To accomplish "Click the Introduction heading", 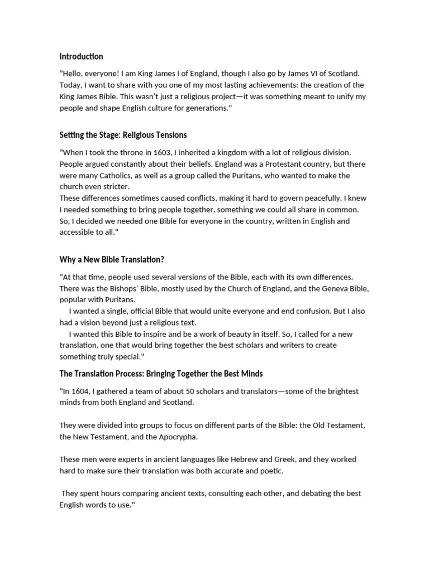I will pyautogui.click(x=82, y=56).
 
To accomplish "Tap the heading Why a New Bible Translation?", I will pyautogui.click(x=112, y=260).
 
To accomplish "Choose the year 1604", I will pyautogui.click(x=80, y=391).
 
